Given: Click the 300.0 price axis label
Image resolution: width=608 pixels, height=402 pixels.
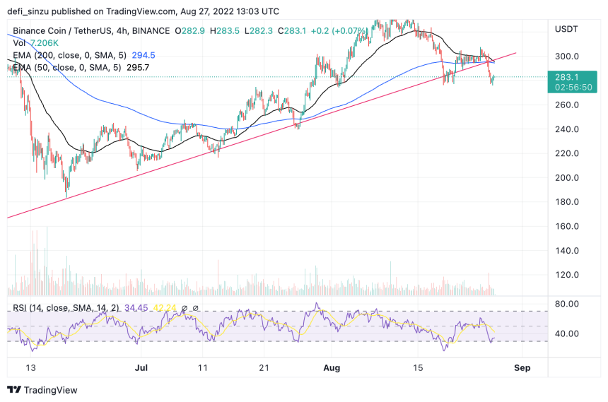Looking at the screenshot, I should [x=567, y=57].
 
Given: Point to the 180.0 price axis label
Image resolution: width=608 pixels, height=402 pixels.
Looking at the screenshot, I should [x=567, y=202].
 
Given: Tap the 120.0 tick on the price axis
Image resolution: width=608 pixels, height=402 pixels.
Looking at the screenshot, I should [x=567, y=275].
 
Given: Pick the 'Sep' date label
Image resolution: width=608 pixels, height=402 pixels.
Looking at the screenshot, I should [x=522, y=368].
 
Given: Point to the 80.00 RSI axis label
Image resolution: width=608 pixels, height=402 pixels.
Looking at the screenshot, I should [x=567, y=305].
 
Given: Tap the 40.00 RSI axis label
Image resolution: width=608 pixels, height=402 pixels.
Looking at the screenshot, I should [x=567, y=334].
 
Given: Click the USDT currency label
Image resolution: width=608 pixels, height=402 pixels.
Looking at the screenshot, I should [x=566, y=28].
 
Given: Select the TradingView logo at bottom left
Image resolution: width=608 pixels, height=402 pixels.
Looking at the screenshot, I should [x=42, y=390].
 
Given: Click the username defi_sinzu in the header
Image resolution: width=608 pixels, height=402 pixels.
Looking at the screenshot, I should [x=31, y=12].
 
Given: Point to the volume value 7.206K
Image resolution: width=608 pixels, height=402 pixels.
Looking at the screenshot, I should [x=45, y=42].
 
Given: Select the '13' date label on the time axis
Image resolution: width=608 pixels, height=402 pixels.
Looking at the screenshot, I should [x=29, y=368].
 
